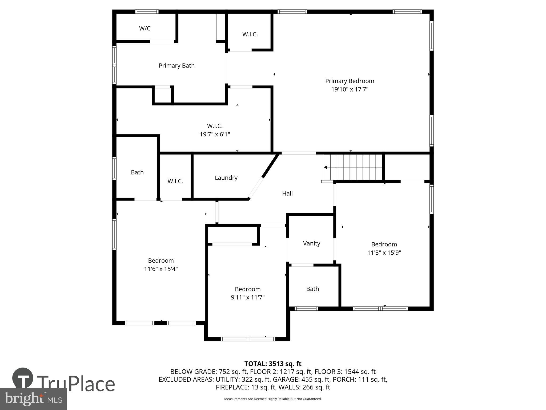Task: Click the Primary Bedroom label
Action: click(x=350, y=81)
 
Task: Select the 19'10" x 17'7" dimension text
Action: click(x=350, y=89)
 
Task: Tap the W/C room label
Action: click(x=145, y=28)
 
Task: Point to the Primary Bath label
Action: click(x=176, y=66)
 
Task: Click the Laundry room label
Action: click(x=226, y=178)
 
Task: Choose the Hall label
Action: click(x=287, y=194)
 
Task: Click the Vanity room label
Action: click(x=311, y=243)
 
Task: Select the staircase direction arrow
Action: click(x=326, y=167)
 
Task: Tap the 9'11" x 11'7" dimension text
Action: click(x=247, y=297)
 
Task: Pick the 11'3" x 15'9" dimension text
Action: click(x=384, y=253)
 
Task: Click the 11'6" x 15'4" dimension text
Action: click(x=161, y=269)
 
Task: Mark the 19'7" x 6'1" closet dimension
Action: click(x=215, y=134)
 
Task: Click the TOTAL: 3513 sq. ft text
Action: click(x=273, y=364)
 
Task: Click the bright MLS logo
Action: click(x=33, y=399)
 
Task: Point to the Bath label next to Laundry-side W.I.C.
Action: click(x=137, y=172)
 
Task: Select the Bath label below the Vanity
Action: click(x=312, y=289)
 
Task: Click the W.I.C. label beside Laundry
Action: click(x=175, y=181)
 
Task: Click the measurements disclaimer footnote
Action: click(x=273, y=399)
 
